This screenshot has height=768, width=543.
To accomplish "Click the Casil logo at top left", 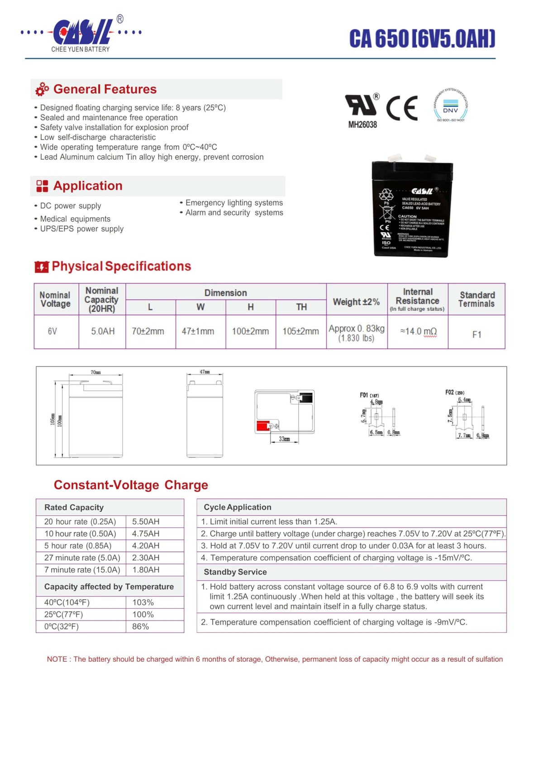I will pyautogui.click(x=81, y=34).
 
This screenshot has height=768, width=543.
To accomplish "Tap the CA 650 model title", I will pyautogui.click(x=422, y=39).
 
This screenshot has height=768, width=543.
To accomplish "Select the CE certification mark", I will pyautogui.click(x=402, y=109).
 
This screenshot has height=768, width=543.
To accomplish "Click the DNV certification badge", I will pyautogui.click(x=450, y=105).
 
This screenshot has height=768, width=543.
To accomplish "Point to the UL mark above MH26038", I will pyautogui.click(x=362, y=105).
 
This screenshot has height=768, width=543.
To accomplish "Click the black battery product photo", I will pyautogui.click(x=412, y=209).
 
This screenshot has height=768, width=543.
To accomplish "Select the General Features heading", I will pyautogui.click(x=105, y=89).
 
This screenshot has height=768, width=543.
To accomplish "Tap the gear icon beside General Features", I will pyautogui.click(x=42, y=90).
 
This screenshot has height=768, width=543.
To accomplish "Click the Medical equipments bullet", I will pyautogui.click(x=75, y=219).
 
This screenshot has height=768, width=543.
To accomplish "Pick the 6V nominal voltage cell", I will pyautogui.click(x=52, y=332).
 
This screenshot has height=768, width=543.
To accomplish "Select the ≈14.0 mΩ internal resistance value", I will pyautogui.click(x=418, y=332).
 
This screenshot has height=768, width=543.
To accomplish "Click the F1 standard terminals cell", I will pyautogui.click(x=476, y=335).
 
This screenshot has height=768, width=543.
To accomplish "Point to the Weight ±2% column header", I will pyautogui.click(x=356, y=302).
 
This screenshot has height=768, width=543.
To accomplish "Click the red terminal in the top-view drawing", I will pyautogui.click(x=262, y=426).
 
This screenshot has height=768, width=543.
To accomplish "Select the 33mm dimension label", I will pyautogui.click(x=284, y=439).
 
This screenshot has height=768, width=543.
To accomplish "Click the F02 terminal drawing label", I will pyautogui.click(x=454, y=392).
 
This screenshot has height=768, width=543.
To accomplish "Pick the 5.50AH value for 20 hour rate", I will pyautogui.click(x=146, y=521).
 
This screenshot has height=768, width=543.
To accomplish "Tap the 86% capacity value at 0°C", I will pyautogui.click(x=140, y=626).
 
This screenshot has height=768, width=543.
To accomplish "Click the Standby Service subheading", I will pyautogui.click(x=235, y=572).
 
